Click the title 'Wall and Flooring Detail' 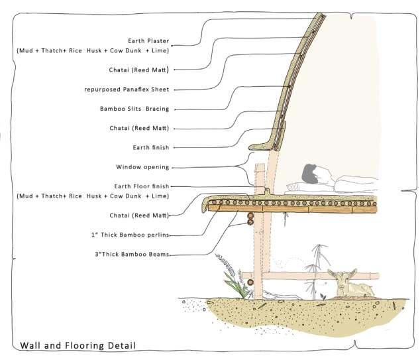[x=78, y=345]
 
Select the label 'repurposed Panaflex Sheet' [x=127, y=89]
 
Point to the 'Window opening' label [x=142, y=166]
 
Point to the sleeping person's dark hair [x=309, y=174]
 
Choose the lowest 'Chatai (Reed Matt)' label [x=138, y=215]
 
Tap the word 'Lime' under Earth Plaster [x=160, y=50]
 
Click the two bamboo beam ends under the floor [x=251, y=219]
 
